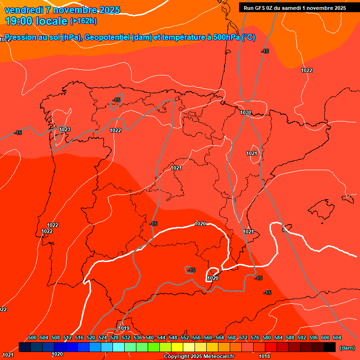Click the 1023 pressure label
pos(65,129)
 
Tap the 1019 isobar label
pos(124,328)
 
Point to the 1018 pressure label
pos(264,356)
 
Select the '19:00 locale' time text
pos(36,21)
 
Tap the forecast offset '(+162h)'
pos(83,21)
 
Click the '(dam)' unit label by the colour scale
pos(347,348)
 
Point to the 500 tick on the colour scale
pos(32,337)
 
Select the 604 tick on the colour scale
pos(337,337)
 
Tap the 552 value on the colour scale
pos(185,337)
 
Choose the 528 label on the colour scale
pos(114,337)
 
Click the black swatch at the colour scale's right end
pos(330,347)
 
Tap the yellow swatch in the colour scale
pos(177,347)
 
